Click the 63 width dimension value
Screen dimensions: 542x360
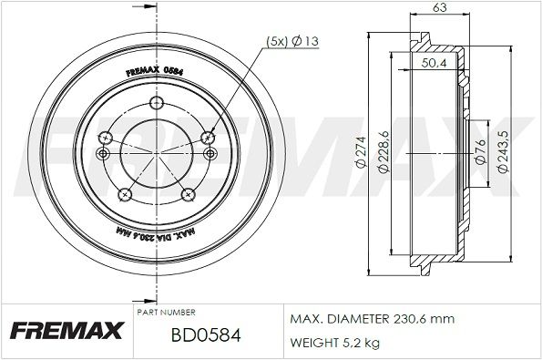(x=440, y=7)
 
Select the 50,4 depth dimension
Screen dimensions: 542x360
(x=435, y=63)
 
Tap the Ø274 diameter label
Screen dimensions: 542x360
(x=361, y=152)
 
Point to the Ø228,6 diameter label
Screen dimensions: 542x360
(x=383, y=151)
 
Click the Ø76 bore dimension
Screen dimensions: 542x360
(x=481, y=151)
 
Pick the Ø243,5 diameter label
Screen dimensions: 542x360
(x=503, y=151)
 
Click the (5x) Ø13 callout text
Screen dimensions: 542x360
(x=292, y=41)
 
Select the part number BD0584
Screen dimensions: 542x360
(x=206, y=334)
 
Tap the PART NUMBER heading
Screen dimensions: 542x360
(x=167, y=313)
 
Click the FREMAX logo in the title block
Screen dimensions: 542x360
(x=67, y=331)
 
